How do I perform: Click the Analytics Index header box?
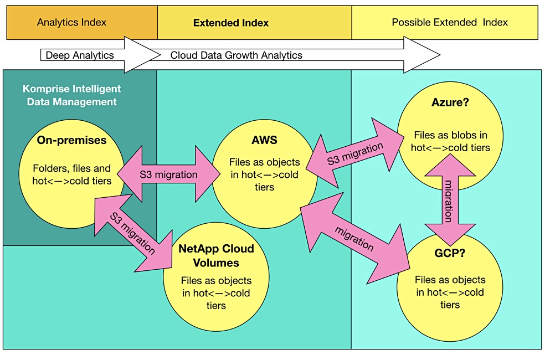[x=82, y=23]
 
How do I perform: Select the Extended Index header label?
[x=231, y=23]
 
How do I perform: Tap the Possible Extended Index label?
[x=450, y=23]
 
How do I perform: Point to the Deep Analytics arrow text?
[x=80, y=55]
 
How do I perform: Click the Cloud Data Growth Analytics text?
[x=237, y=55]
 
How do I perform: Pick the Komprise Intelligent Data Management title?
[x=72, y=95]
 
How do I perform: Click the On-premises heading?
[x=71, y=140]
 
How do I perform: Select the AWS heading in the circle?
[x=265, y=140]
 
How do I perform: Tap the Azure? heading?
[x=450, y=102]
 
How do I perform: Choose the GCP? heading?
[x=450, y=253]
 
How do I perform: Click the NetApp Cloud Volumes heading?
[x=216, y=255]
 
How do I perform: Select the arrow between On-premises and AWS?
[x=168, y=174]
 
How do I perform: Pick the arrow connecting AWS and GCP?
[x=355, y=238]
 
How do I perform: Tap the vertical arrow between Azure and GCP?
[x=450, y=199]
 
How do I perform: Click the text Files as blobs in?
[x=450, y=135]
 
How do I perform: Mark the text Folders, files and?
[x=72, y=168]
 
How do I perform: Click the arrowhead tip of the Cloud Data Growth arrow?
[x=440, y=55]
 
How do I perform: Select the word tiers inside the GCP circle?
[x=450, y=305]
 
